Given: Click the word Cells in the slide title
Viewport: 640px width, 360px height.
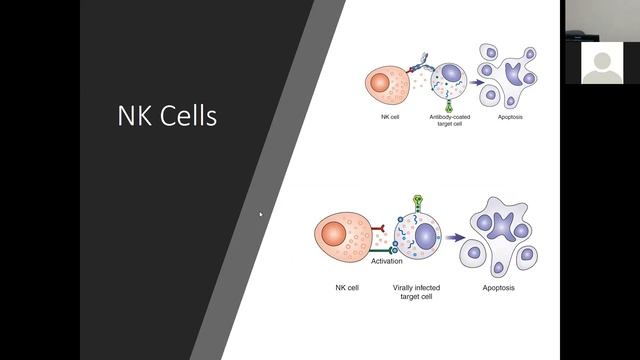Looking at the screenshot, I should tap(186, 116).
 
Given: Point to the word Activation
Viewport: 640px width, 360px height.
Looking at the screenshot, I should tap(388, 261).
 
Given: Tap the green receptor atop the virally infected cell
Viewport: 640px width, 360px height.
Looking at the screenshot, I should tap(418, 203).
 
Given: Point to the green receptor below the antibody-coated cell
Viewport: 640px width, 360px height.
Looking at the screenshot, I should tap(446, 105).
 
